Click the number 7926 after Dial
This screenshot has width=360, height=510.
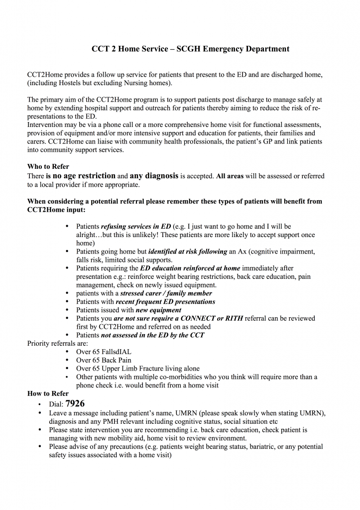click(x=75, y=403)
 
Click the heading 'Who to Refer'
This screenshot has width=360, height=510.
click(x=48, y=167)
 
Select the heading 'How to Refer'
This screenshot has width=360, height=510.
click(x=48, y=393)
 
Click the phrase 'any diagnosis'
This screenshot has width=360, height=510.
click(x=154, y=176)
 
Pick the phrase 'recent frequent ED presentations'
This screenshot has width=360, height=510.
click(x=165, y=302)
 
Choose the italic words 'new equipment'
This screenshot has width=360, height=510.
click(x=158, y=310)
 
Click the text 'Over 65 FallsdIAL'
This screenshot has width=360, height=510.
click(x=104, y=352)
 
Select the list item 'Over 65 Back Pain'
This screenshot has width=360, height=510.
click(x=104, y=360)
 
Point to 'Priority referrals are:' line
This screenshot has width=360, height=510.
click(x=57, y=344)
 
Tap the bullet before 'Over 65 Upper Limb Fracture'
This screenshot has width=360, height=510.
click(x=67, y=369)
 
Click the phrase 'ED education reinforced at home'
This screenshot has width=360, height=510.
click(x=190, y=268)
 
